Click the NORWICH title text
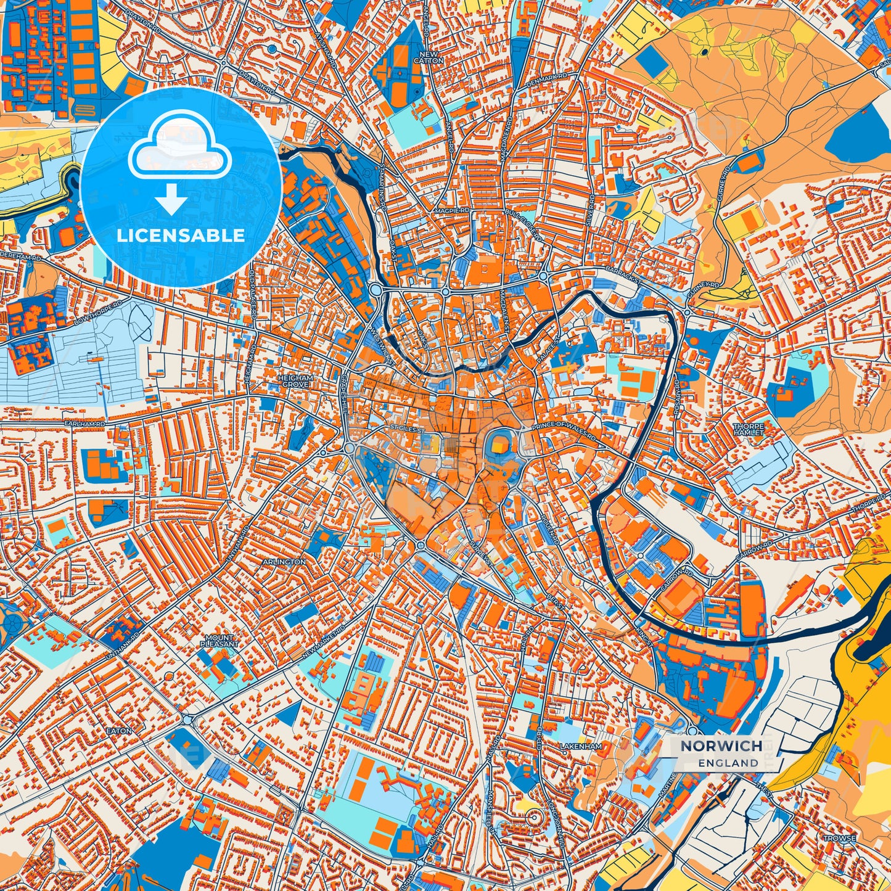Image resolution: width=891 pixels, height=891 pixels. [721, 746]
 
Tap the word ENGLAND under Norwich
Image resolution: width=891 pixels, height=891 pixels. [728, 763]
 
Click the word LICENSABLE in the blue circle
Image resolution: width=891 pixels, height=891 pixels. [181, 236]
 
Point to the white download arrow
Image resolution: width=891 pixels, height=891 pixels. [172, 200]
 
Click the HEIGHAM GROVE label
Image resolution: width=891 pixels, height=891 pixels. [296, 380]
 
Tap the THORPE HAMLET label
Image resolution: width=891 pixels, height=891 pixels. [748, 429]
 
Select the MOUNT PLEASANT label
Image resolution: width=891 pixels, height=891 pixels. [219, 641]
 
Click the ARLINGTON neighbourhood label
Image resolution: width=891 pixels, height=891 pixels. [284, 562]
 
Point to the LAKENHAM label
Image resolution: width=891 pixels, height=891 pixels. [580, 746]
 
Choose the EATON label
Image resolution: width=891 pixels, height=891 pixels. [119, 731]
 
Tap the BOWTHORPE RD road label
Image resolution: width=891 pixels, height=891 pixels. [91, 312]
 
